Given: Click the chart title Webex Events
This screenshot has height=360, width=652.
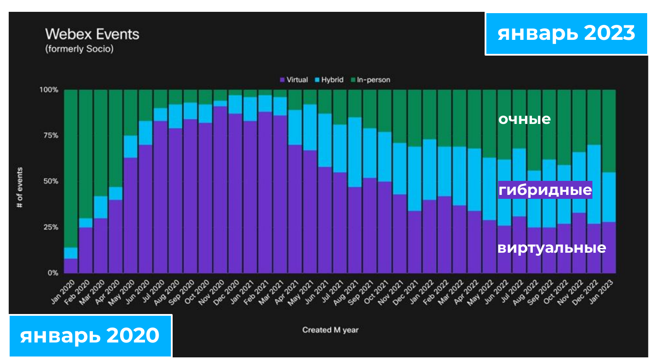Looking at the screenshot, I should pyautogui.click(x=92, y=34).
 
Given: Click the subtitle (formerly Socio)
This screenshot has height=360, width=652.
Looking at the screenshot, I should pyautogui.click(x=79, y=49).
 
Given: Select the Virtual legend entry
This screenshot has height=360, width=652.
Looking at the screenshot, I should pyautogui.click(x=294, y=80).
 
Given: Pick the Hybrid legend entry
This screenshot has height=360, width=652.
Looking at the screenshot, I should pyautogui.click(x=329, y=80).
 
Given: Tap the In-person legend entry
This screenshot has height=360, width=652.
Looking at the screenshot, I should pyautogui.click(x=370, y=80).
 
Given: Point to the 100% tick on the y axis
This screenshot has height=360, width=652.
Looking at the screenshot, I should pyautogui.click(x=49, y=90).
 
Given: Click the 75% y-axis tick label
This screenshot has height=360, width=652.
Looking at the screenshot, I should pyautogui.click(x=50, y=135).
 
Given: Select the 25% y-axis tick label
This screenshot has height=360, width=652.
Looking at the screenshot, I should pyautogui.click(x=50, y=227).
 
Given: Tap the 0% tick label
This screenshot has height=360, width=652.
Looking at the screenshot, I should pyautogui.click(x=52, y=273).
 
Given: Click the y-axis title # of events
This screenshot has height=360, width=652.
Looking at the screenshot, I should pyautogui.click(x=20, y=187).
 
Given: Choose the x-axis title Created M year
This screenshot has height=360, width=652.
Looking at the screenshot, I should pyautogui.click(x=330, y=330).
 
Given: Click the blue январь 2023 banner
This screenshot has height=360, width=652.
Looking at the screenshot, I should pyautogui.click(x=566, y=33).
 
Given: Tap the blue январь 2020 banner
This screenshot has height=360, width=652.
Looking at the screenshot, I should pyautogui.click(x=90, y=335).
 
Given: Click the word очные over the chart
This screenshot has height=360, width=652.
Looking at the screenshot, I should pyautogui.click(x=524, y=119).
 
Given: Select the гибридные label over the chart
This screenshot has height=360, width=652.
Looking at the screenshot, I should pyautogui.click(x=545, y=190).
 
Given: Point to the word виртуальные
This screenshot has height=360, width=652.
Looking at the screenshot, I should pyautogui.click(x=552, y=248).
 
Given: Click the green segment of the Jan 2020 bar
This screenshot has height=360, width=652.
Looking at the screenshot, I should pyautogui.click(x=71, y=166).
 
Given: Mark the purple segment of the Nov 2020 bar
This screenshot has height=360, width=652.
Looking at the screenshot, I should pyautogui.click(x=220, y=188).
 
